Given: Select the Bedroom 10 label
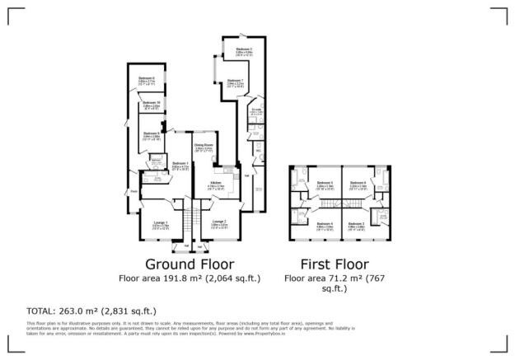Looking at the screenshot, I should coord(150,104).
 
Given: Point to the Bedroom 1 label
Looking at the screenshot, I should coord(180,164).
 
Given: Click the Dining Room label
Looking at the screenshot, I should coord(204,146).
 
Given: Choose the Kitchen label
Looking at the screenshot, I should coord(215,183).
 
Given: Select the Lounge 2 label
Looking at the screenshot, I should coord(218,221).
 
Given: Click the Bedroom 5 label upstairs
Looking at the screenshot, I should coord(325,183).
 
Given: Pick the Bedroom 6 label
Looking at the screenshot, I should coord(358,183).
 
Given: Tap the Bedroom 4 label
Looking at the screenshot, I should coord(325,223).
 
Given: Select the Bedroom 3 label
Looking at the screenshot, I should coord(356,223).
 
